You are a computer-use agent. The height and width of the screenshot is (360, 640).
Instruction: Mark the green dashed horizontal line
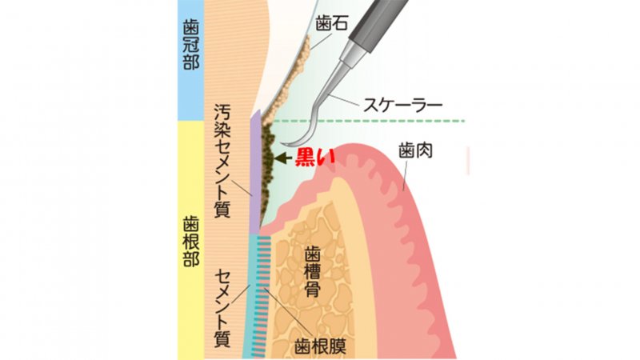[384, 122]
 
